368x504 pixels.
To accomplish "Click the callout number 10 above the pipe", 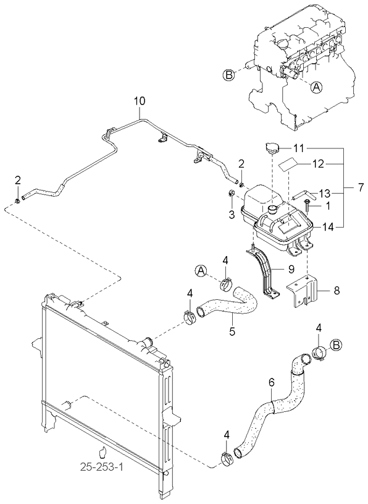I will coord(140,101).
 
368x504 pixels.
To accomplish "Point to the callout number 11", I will coord(299,148).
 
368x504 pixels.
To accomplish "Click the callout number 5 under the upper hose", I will coord(232,331).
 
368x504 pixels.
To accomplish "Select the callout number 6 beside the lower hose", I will coord(270,383).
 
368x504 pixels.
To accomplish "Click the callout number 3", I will coord(232,215).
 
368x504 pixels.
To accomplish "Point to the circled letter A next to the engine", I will coord(316,88).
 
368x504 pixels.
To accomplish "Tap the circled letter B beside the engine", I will coord(228,75).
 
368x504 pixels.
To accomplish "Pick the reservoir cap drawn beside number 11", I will coord(272,150).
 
